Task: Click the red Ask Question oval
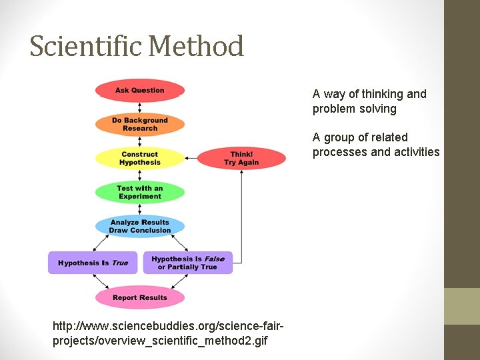coord(139,91)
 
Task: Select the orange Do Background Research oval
coord(139,125)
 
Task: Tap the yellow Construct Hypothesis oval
coord(139,159)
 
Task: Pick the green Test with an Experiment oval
coord(139,193)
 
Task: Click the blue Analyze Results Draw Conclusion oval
coord(139,227)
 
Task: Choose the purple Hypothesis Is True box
coord(93,263)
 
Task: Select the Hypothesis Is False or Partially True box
coord(188,263)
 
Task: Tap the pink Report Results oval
coord(139,297)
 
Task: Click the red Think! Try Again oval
coord(241,159)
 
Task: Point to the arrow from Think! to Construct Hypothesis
coord(191,159)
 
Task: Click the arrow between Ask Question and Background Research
coord(139,108)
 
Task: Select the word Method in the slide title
coord(196,47)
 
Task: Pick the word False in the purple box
coord(214,259)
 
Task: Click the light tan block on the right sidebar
coord(462,306)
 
